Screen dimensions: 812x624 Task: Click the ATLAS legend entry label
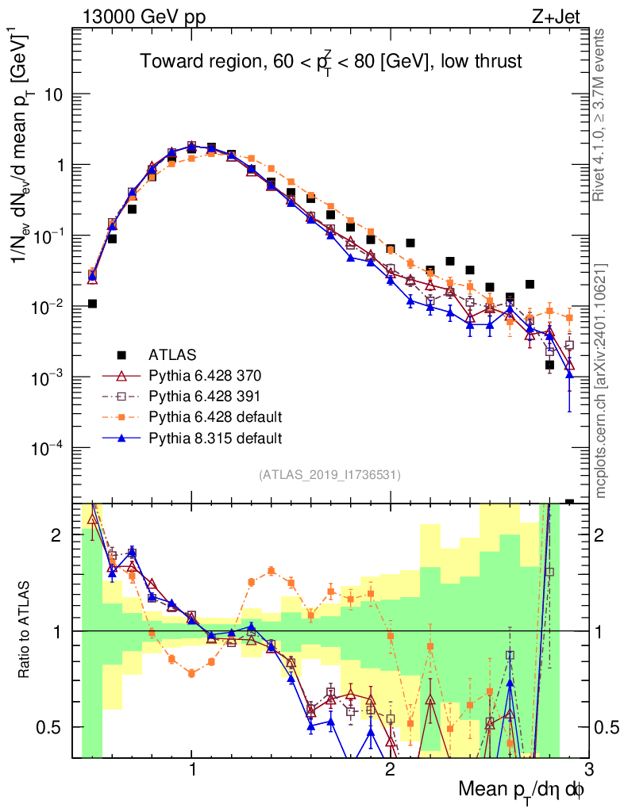pyautogui.click(x=173, y=354)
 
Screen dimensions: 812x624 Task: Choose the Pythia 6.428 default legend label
pyautogui.click(x=215, y=416)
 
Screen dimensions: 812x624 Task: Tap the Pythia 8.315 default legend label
pyautogui.click(x=215, y=438)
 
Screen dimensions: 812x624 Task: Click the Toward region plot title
pyautogui.click(x=331, y=63)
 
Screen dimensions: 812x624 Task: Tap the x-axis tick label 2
pyautogui.click(x=390, y=769)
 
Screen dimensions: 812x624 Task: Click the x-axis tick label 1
pyautogui.click(x=192, y=769)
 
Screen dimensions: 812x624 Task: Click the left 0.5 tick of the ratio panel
pyautogui.click(x=56, y=726)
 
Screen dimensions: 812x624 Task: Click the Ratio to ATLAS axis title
pyautogui.click(x=25, y=630)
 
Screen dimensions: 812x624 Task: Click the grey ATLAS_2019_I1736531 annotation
pyautogui.click(x=329, y=475)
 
